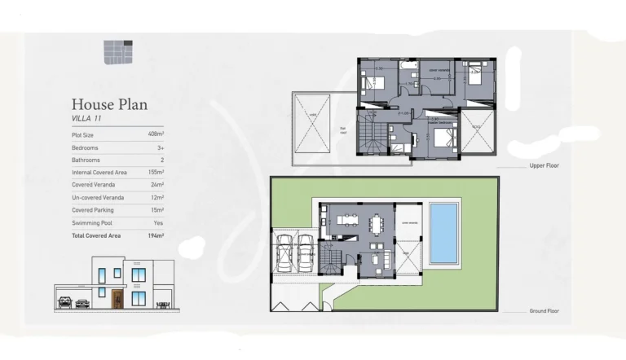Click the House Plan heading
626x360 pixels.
coord(109,104)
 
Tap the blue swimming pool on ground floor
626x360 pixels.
coord(443,232)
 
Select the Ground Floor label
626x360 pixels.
coord(543,311)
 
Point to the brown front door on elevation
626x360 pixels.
coord(117,299)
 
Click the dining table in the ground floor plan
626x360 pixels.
coord(377,223)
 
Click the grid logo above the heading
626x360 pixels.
coord(118,51)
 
